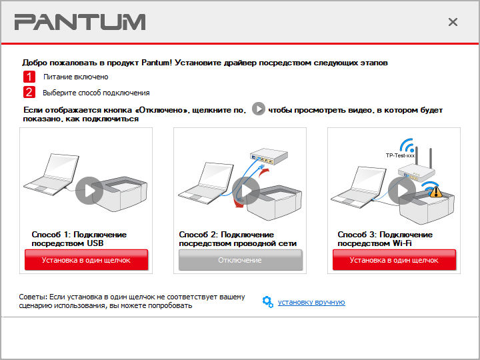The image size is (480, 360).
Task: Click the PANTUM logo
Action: coord(80,22)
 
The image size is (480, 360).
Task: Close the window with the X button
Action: coord(453,22)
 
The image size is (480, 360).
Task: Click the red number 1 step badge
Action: coord(29,77)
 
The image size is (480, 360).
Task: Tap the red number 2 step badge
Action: coord(29,92)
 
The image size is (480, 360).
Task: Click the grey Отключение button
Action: coord(240,260)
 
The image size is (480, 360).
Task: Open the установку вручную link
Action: coord(311,302)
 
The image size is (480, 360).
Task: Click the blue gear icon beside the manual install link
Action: coord(268,302)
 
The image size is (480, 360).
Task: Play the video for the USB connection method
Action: coord(89,191)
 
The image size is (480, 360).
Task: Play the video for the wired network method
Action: coord(246,191)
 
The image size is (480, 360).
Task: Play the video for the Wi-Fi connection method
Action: coord(402,191)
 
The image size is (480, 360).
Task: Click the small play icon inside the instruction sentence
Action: coord(259,109)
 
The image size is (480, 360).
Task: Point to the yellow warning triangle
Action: coord(435,191)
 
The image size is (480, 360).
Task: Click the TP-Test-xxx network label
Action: coord(400,155)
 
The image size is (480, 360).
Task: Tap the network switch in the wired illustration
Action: coord(269,157)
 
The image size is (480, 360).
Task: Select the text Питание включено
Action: coord(75,77)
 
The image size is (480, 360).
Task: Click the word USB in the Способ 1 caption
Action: coord(95,243)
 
